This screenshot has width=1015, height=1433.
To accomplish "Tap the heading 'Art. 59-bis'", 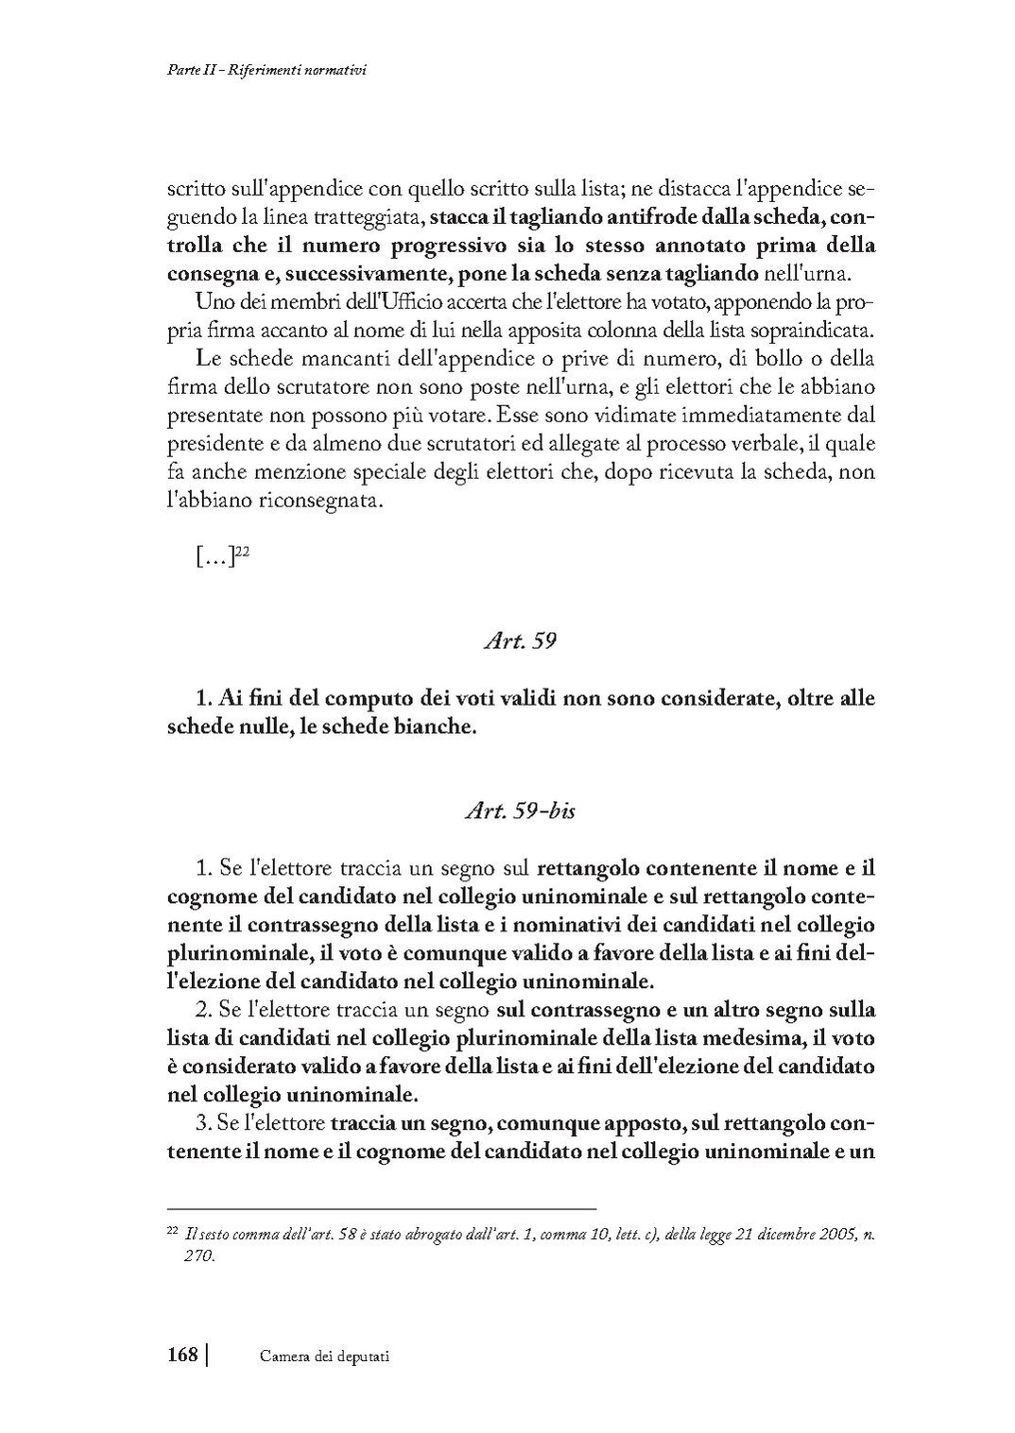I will click(520, 810).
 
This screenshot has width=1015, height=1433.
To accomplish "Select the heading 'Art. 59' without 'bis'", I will click(519, 640).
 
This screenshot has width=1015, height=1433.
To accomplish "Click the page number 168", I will click(181, 1354).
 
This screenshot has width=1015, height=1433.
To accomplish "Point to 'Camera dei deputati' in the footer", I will click(324, 1356).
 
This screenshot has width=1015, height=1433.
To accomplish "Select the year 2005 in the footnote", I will click(834, 1233).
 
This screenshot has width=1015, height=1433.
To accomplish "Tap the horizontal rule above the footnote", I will click(382, 1208).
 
